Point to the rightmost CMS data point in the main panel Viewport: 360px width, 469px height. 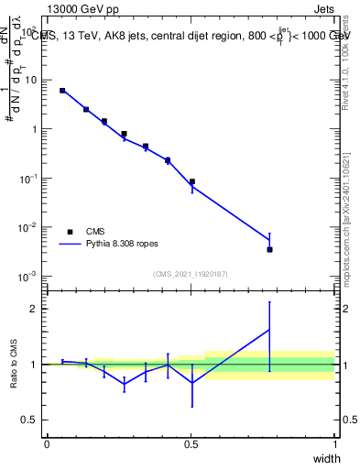click(269, 249)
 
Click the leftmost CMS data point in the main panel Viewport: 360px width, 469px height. click(62, 91)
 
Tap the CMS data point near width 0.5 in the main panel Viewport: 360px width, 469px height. click(191, 181)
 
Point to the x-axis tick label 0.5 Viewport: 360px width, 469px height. click(191, 444)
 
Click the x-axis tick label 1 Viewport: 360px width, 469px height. click(335, 444)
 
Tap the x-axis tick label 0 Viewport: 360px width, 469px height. click(47, 444)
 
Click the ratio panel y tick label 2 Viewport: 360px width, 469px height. click(35, 309)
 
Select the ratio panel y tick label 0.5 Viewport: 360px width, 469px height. click(31, 420)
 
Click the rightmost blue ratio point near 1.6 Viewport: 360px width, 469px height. click(269, 330)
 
